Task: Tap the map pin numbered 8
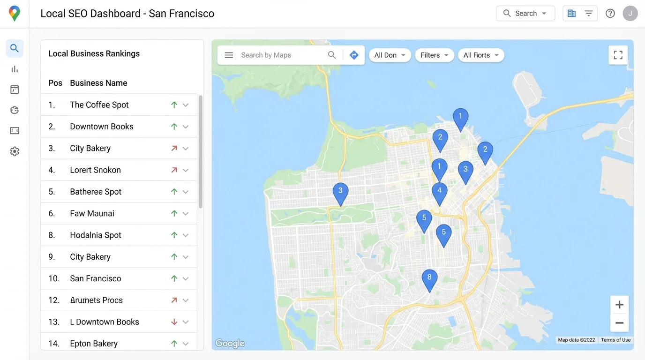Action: point(429,278)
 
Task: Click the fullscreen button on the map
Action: point(618,55)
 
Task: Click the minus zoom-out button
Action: point(619,323)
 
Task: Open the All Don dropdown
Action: point(390,55)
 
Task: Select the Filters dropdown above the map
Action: point(434,55)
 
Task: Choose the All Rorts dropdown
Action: point(480,55)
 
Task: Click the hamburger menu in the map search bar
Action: point(229,55)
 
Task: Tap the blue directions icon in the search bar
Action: point(354,55)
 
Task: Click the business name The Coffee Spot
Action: point(99,105)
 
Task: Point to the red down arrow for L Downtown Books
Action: point(174,322)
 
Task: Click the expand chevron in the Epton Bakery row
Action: point(186,344)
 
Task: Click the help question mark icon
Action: point(610,14)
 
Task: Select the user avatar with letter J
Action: point(630,14)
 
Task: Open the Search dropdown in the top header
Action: point(525,14)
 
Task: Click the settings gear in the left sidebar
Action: point(15,151)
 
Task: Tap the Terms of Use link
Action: point(615,340)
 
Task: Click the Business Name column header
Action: point(98,83)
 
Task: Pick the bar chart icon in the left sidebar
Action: point(15,69)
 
